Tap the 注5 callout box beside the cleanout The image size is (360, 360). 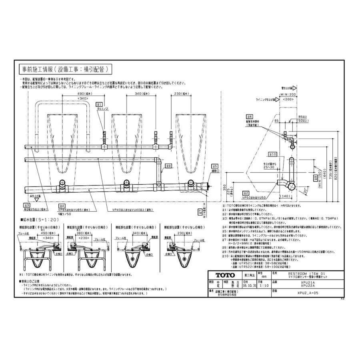click(x=214, y=166)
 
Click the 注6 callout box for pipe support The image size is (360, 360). click(x=250, y=116)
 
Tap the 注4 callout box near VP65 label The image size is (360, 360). click(x=61, y=206)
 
